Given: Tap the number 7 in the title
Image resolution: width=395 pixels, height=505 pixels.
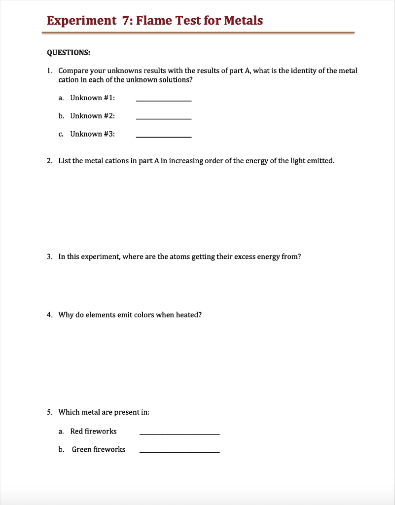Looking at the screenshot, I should point(124,21).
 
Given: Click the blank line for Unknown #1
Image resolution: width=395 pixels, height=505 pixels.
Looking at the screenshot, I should point(163,100).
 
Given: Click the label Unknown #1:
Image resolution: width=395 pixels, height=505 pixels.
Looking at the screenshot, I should point(93,98).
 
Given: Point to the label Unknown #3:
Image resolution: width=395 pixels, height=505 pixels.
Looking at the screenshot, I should point(93,134).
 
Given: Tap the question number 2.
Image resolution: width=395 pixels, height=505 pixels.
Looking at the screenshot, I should point(49,161).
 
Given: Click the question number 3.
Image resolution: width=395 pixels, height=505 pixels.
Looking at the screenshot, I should point(49,256).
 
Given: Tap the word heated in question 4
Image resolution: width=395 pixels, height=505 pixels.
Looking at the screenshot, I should point(188,315).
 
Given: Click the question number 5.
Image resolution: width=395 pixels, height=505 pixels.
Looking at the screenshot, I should point(49,412).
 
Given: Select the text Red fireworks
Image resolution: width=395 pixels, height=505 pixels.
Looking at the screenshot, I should point(93,431).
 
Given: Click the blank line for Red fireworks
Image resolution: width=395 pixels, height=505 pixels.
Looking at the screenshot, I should point(180,433).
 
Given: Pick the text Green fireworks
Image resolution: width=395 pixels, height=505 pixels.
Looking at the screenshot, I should point(99,449).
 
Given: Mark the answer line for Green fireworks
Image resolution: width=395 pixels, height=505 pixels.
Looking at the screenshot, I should point(180,452).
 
